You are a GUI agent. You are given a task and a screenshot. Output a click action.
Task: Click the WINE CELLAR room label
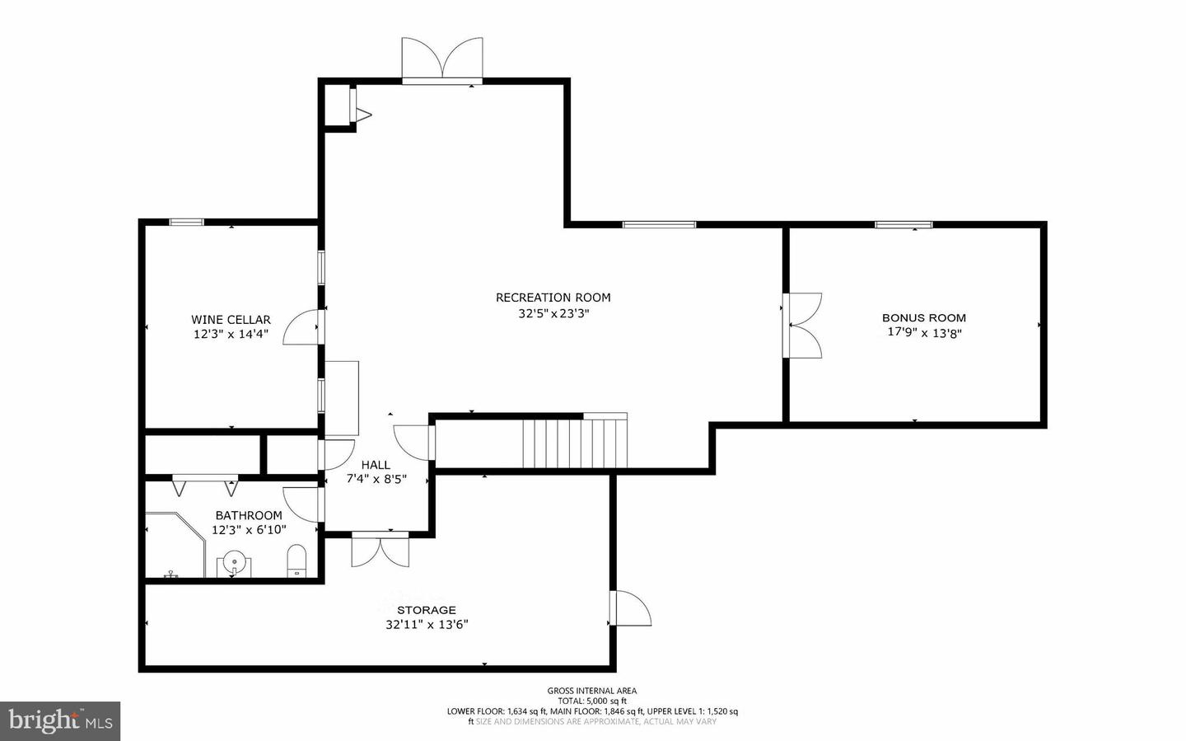coord(231,320)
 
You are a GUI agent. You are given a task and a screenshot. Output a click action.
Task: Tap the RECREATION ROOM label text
coord(553,298)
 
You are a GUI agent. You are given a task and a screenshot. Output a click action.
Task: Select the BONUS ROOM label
coord(923,317)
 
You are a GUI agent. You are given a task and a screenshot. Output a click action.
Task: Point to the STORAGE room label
coord(426,610)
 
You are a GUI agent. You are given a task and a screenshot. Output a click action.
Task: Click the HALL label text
coord(376,465)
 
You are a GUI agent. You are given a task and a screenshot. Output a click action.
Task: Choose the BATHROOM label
coord(248,515)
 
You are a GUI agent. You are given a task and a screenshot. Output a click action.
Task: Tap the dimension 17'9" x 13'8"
coord(924,333)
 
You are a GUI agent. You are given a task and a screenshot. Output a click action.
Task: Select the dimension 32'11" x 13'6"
coord(427,625)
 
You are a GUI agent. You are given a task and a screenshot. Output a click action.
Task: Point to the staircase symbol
coord(575,443)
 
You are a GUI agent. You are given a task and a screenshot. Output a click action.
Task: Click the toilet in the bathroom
coord(296,560)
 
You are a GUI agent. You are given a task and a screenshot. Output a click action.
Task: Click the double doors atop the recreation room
coord(442,59)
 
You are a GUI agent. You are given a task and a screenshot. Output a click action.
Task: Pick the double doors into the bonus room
coord(803,325)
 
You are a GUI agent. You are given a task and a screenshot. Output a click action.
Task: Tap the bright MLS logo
coord(60,721)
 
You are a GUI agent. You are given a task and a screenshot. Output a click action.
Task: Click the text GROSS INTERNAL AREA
coord(591,691)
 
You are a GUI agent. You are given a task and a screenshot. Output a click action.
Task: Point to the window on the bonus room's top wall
coord(904,224)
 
